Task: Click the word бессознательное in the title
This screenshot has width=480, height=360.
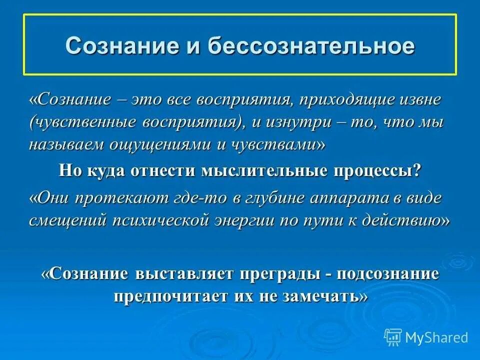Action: (311, 45)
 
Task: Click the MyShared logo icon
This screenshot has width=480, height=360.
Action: (393, 337)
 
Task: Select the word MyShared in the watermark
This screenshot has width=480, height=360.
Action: (436, 337)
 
